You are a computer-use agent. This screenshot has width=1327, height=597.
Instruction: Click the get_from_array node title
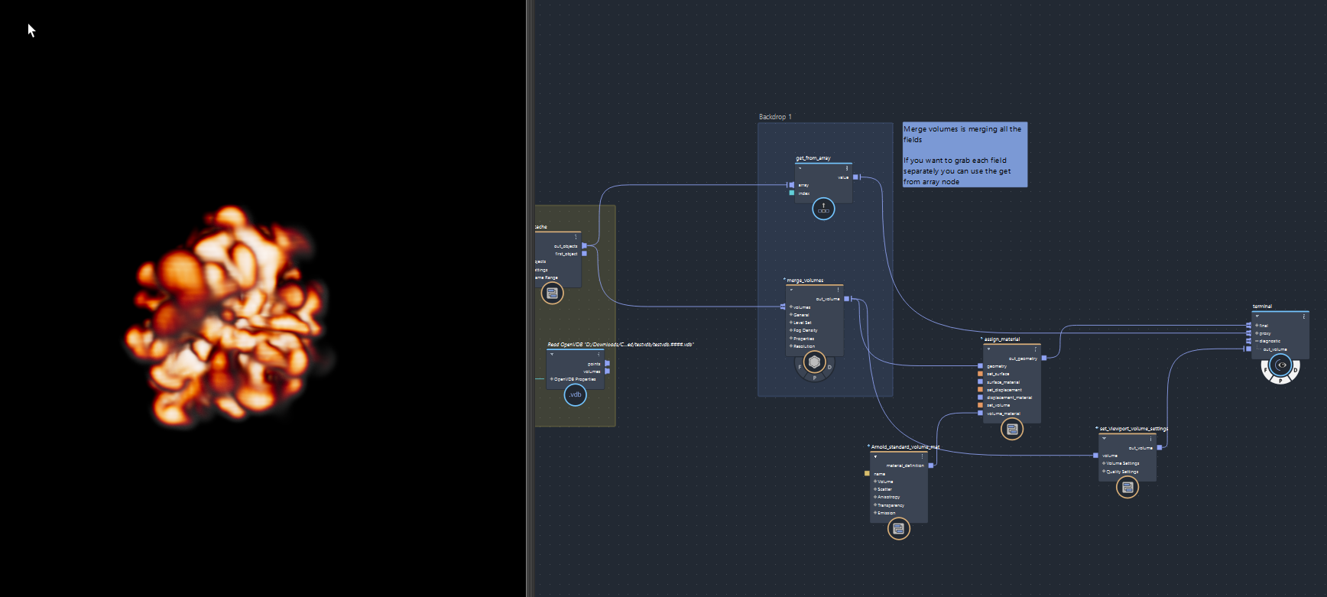point(813,158)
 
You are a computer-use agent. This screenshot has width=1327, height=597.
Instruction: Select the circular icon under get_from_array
point(823,209)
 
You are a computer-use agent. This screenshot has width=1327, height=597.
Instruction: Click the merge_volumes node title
point(805,281)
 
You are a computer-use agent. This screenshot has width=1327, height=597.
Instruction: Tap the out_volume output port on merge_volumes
point(846,299)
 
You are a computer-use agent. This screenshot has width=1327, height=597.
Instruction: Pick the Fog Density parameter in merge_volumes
point(805,330)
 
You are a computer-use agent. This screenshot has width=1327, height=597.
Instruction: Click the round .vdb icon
point(575,394)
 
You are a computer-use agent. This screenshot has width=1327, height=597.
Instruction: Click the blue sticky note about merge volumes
point(964,154)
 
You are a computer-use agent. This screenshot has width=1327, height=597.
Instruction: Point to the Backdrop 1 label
point(775,117)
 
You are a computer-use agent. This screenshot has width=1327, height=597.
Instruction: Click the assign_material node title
point(1001,339)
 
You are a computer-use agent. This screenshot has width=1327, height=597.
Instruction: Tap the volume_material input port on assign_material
point(980,414)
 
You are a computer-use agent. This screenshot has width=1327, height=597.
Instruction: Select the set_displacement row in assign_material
point(1004,390)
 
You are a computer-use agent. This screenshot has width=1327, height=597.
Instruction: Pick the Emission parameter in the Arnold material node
point(888,513)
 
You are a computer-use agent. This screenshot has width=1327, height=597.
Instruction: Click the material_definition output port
point(931,466)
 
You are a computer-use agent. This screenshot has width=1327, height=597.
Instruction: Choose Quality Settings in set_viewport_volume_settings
point(1122,472)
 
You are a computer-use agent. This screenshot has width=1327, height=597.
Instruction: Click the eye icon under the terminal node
point(1281,365)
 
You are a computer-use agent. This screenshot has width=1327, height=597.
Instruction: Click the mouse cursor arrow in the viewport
point(31,30)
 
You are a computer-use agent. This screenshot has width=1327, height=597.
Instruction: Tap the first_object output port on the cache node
point(584,254)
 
